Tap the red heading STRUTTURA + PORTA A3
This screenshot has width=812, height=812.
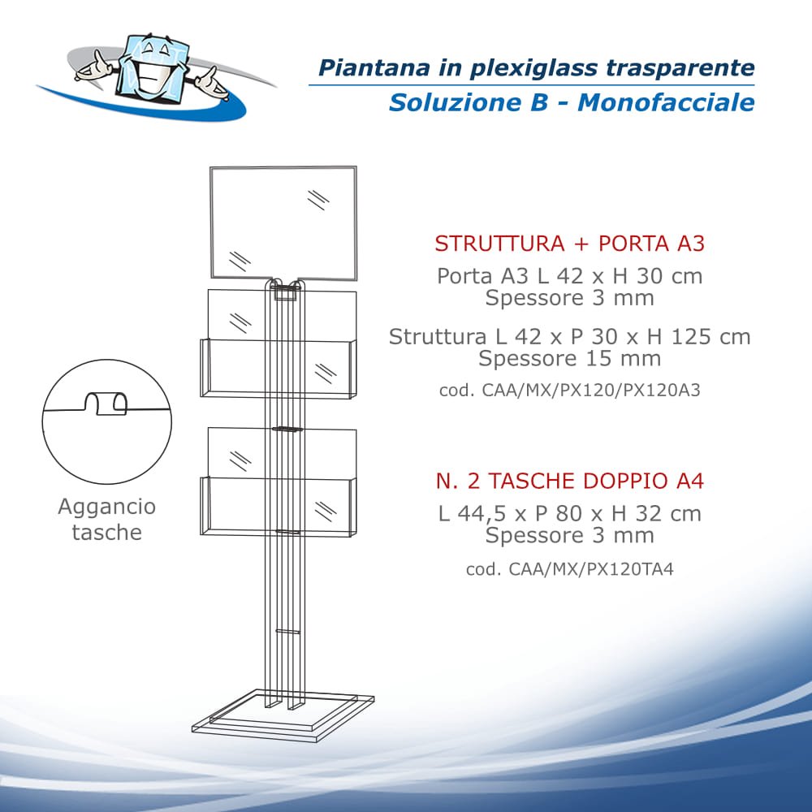click(x=569, y=244)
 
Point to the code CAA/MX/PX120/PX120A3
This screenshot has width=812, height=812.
click(x=569, y=390)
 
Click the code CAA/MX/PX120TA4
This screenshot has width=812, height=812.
click(x=569, y=569)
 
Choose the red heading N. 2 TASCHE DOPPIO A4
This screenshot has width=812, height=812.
click(x=569, y=482)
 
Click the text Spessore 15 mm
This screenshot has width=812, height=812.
click(x=569, y=358)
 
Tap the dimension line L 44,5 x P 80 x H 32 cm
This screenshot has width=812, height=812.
click(x=569, y=513)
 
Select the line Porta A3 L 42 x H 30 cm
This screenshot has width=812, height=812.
click(x=569, y=276)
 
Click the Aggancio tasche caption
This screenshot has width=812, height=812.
click(x=106, y=520)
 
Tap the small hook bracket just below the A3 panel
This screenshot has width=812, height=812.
click(x=285, y=292)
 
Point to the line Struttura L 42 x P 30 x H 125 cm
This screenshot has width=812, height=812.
click(x=569, y=336)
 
